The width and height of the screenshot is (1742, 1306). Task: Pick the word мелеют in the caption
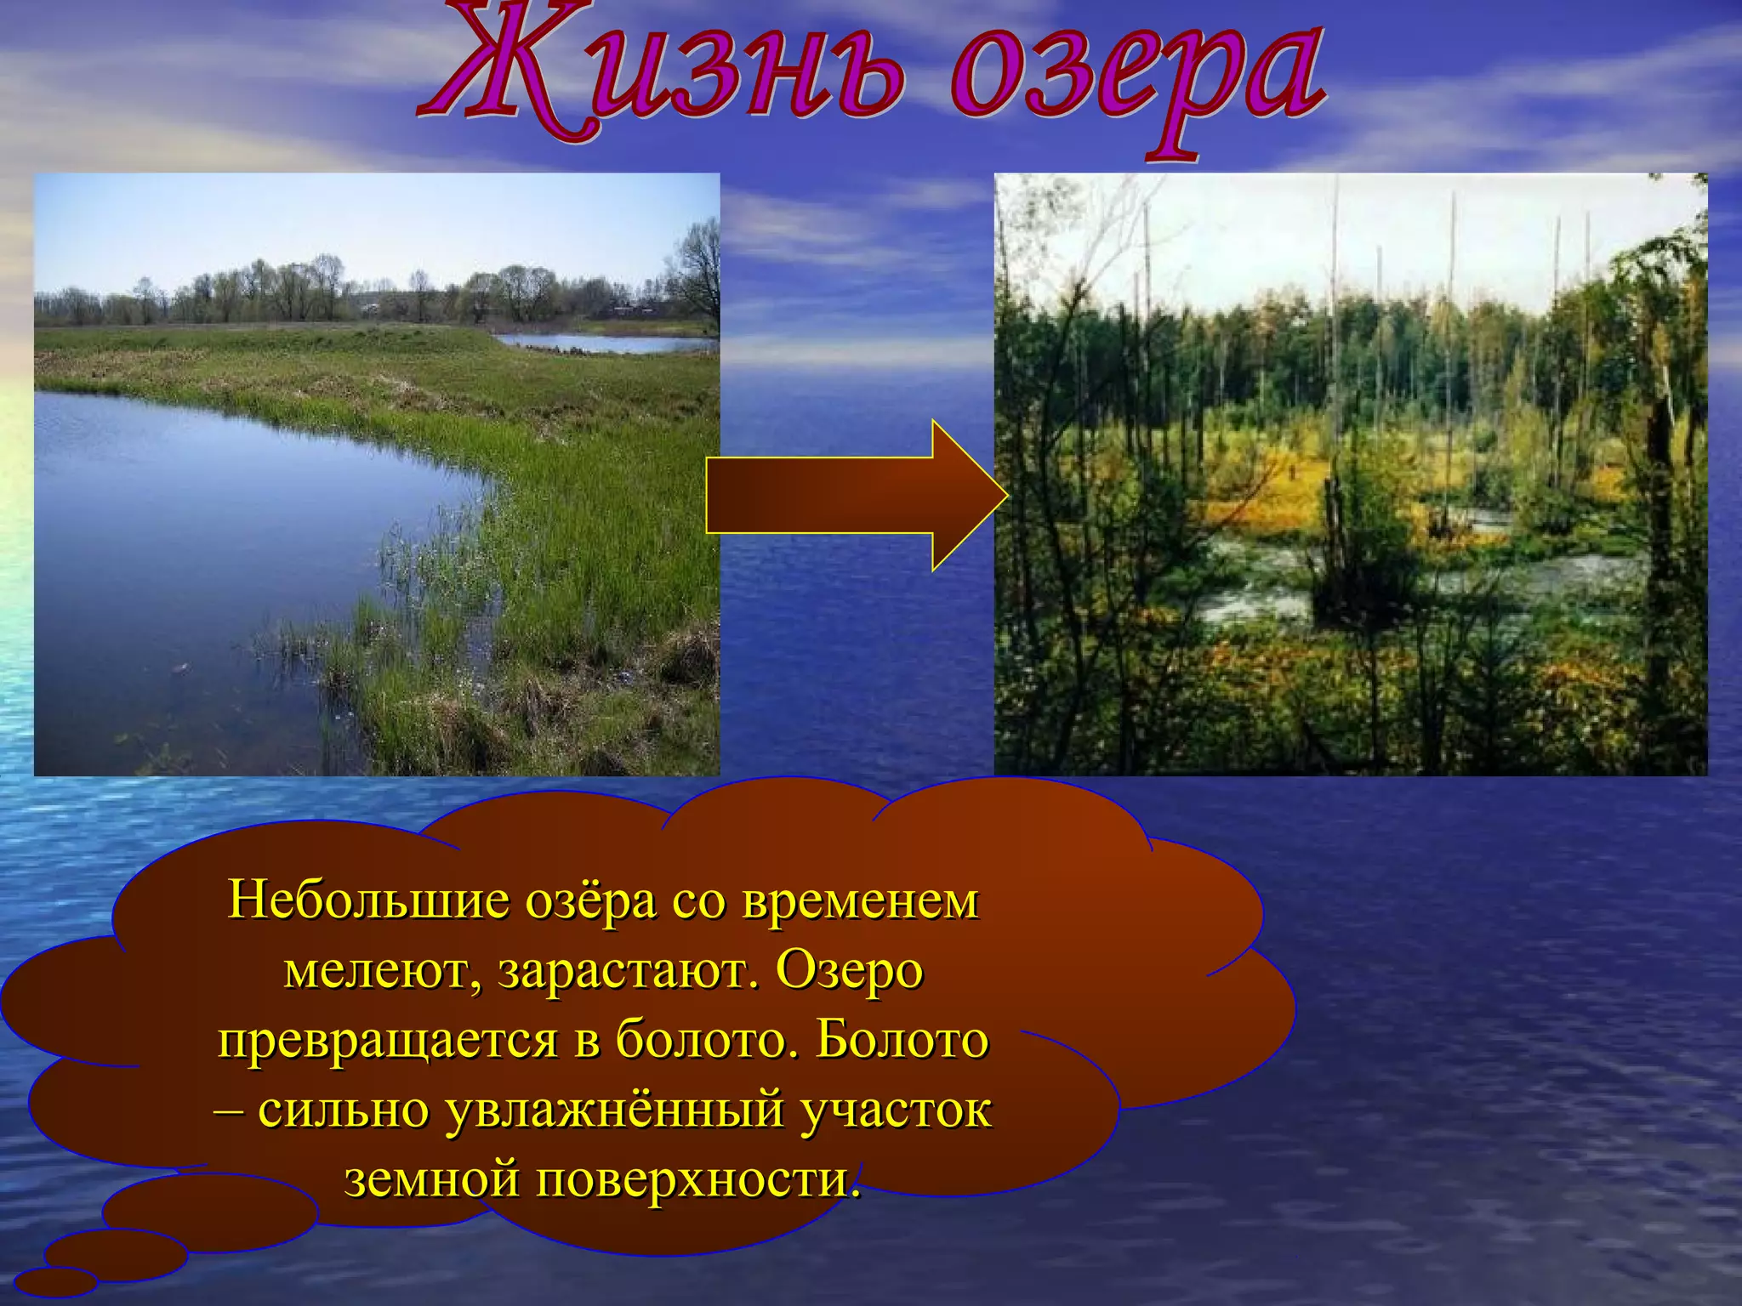tap(383, 971)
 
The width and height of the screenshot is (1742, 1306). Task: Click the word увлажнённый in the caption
tap(615, 1110)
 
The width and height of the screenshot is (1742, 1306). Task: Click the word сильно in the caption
tap(344, 1110)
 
